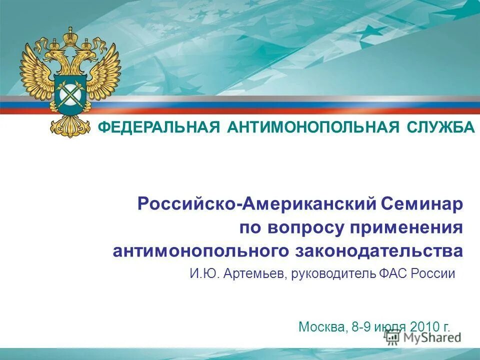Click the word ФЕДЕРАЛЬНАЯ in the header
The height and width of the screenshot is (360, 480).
tap(158, 127)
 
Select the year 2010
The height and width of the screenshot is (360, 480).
tap(425, 327)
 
